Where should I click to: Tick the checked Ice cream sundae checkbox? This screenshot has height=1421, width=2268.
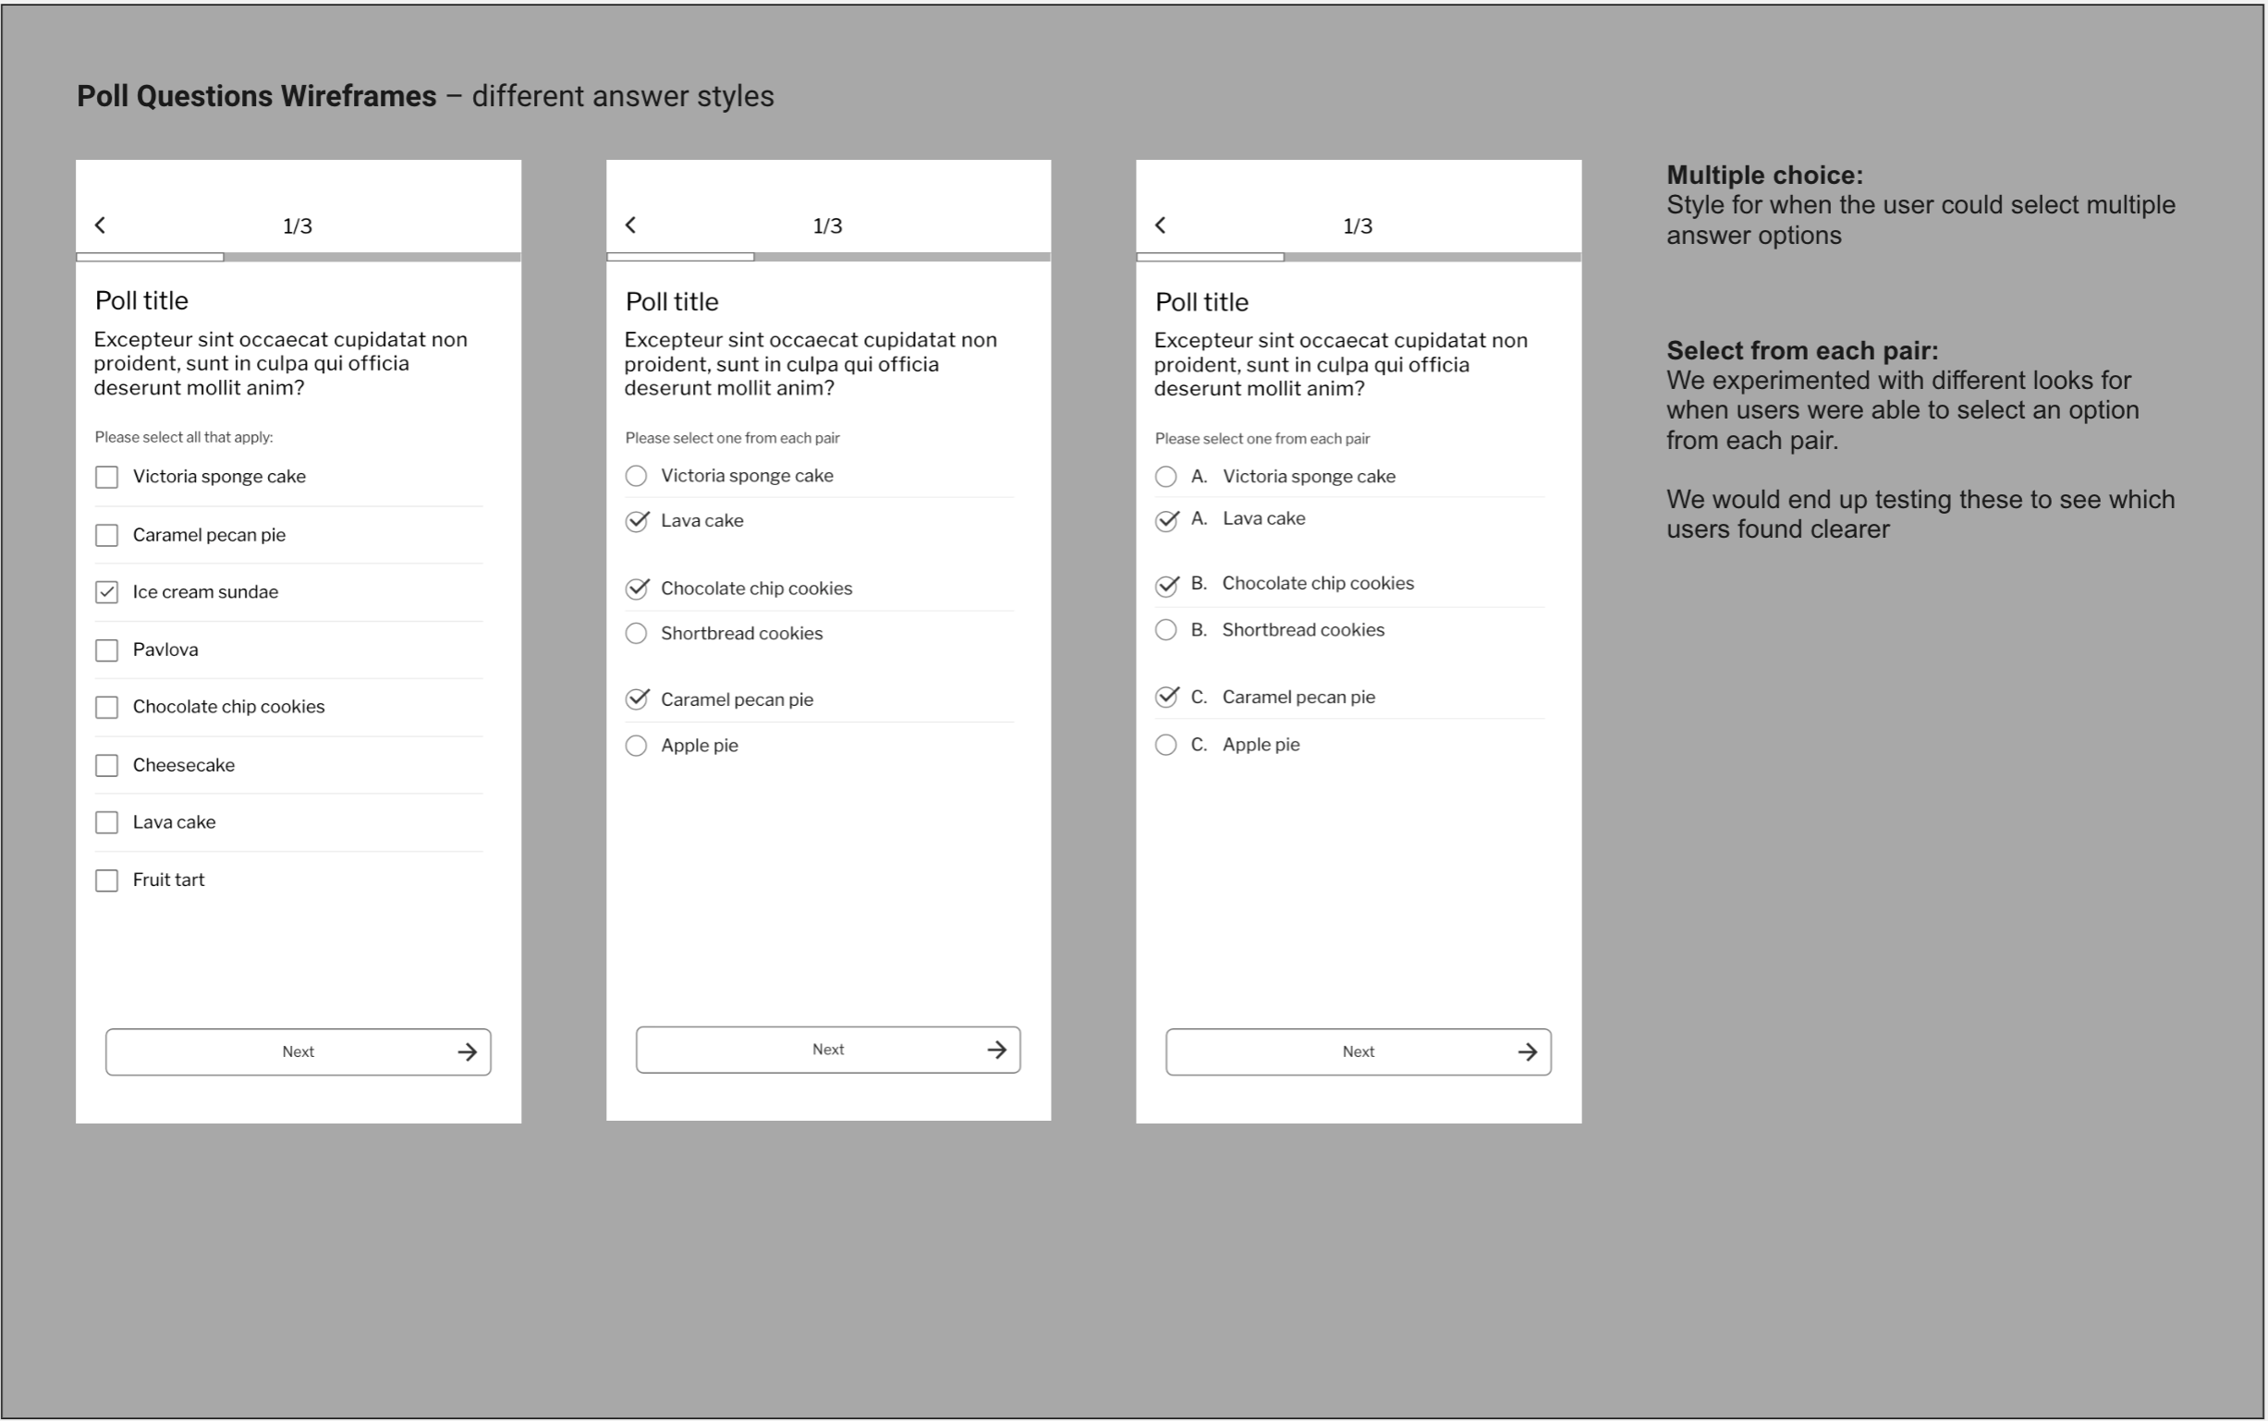[107, 592]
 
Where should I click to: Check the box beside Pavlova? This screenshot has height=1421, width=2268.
[107, 650]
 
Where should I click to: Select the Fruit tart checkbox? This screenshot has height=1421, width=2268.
[107, 881]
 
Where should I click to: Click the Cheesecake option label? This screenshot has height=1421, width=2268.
[183, 765]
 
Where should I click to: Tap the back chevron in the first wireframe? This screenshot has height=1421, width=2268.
[101, 225]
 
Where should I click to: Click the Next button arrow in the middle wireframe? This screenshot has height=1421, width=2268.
[997, 1050]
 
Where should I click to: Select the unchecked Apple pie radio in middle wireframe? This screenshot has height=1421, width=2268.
[637, 747]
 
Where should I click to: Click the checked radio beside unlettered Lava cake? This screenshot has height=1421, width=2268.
[637, 522]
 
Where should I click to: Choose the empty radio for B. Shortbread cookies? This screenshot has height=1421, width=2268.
[1165, 630]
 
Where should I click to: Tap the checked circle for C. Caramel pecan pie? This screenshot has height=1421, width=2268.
[1165, 698]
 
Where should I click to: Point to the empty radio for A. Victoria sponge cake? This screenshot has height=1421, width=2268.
[1165, 477]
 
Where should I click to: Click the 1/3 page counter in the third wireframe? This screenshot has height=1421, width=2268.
[1358, 225]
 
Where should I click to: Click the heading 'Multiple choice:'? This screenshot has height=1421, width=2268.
[1764, 175]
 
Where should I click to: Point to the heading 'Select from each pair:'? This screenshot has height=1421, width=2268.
[1802, 350]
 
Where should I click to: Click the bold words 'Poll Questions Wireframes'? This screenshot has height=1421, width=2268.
[257, 96]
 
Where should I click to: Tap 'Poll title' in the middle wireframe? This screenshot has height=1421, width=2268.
[672, 302]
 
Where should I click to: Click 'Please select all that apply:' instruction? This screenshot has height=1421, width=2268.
[184, 437]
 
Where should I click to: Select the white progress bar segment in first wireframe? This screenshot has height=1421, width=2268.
[151, 257]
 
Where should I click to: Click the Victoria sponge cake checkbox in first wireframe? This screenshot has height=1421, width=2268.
[107, 478]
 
